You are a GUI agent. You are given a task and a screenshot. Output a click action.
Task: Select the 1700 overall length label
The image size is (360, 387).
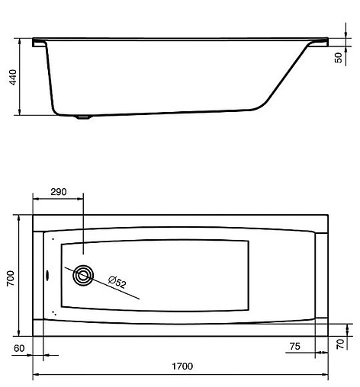pos(182,366)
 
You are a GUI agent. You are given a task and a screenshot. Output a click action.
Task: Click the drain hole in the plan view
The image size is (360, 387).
pos(82,276)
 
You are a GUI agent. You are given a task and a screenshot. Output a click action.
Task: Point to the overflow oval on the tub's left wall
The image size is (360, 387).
pos(46,276)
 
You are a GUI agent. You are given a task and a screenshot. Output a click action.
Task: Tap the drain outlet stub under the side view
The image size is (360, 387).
pos(83,117)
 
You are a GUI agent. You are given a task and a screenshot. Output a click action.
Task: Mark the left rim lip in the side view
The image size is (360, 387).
pos(40,43)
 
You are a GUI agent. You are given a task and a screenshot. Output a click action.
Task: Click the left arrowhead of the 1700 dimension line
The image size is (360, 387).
pos(35,376)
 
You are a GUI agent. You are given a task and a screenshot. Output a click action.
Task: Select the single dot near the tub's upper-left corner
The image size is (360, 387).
pos(53,238)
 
